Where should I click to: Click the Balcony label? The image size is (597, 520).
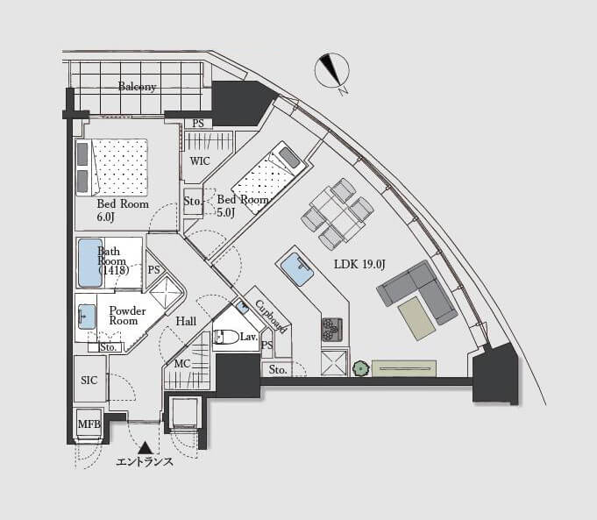tap(137, 87)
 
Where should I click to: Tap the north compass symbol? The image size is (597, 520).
tap(332, 70)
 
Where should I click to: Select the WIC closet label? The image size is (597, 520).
tap(200, 161)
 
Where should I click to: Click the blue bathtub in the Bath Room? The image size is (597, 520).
tap(90, 263)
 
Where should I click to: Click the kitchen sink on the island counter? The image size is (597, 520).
tap(297, 270)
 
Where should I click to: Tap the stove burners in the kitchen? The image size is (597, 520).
tap(332, 330)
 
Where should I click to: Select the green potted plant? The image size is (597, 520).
tap(360, 369)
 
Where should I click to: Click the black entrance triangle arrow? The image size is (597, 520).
tap(145, 447)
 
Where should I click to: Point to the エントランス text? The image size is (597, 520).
tap(145, 462)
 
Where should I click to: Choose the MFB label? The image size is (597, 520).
tap(89, 424)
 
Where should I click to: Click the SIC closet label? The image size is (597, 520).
tap(89, 381)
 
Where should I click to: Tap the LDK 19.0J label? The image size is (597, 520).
tap(359, 264)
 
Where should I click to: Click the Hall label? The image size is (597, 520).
tap(186, 322)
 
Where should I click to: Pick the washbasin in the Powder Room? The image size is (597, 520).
tap(87, 317)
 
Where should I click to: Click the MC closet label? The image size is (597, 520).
tap(182, 364)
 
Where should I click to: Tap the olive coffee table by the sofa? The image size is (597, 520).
tap(416, 318)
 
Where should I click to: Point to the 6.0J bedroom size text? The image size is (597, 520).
tap(105, 217)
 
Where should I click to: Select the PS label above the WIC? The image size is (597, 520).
tap(198, 124)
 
